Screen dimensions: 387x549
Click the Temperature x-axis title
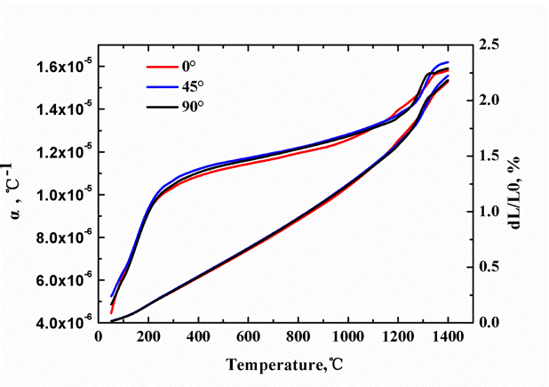(x=274, y=365)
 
